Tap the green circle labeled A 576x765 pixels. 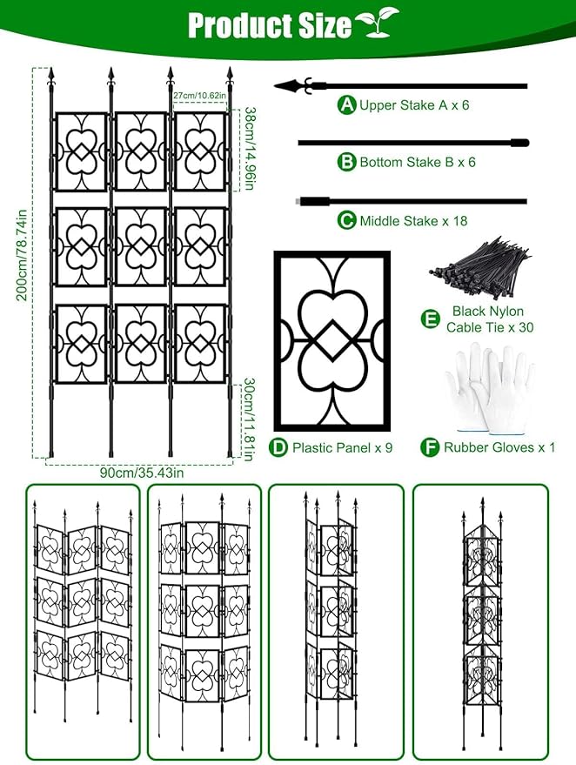click(348, 105)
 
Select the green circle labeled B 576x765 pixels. click(348, 162)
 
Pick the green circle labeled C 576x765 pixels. click(348, 220)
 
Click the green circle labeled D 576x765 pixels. click(278, 447)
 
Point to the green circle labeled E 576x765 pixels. click(430, 319)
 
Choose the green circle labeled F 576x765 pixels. click(430, 447)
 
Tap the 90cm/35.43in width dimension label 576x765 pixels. click(140, 473)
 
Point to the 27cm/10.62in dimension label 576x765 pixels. click(200, 96)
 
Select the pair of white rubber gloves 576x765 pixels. click(487, 387)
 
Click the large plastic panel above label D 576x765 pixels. click(332, 339)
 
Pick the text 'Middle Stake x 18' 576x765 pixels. click(413, 221)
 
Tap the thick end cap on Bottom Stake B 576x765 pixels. click(520, 143)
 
